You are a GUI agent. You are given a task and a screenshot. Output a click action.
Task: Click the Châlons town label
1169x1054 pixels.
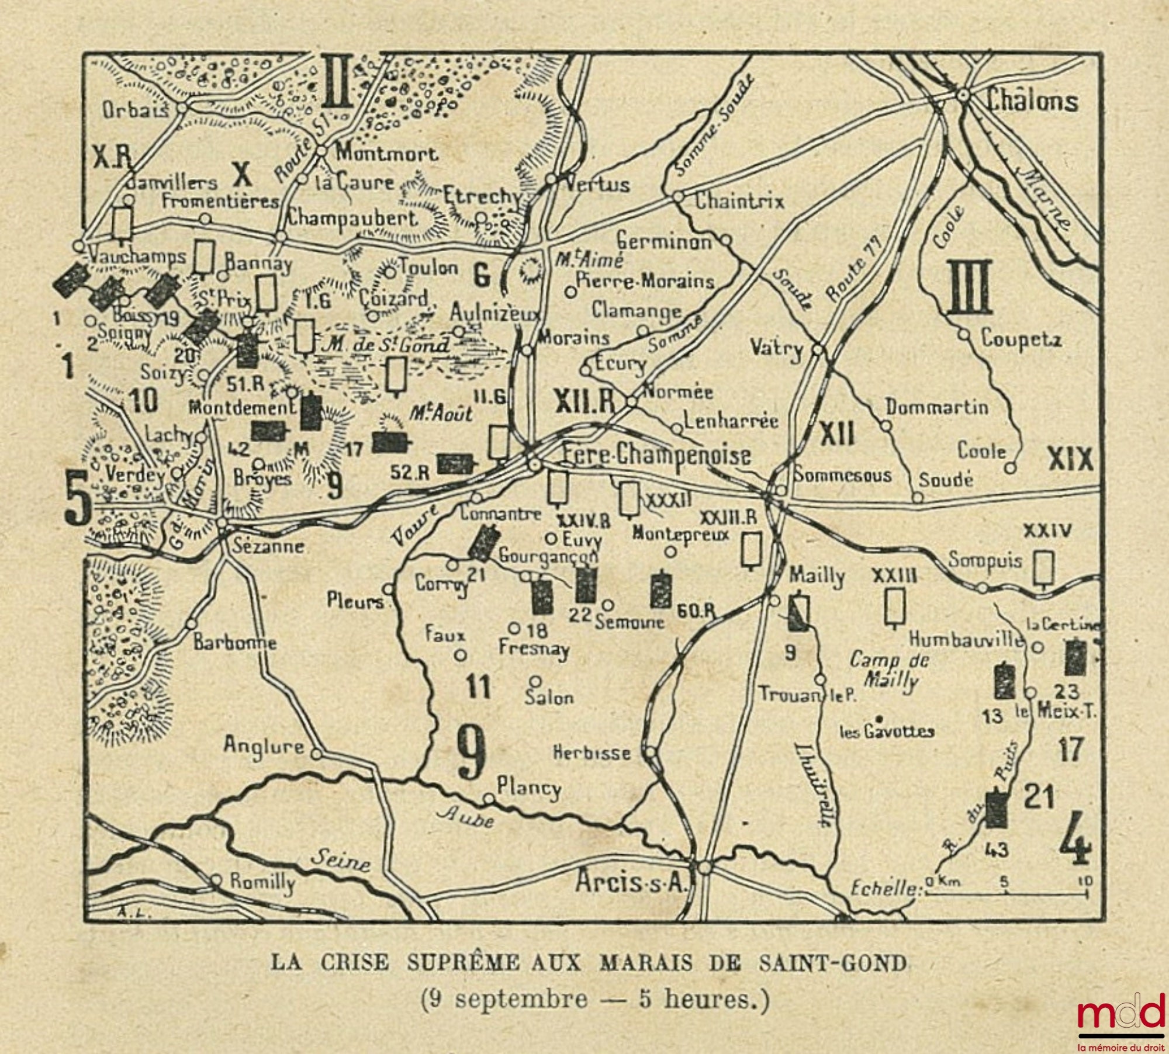1032,101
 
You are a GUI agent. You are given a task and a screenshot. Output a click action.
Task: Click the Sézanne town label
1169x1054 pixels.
268,546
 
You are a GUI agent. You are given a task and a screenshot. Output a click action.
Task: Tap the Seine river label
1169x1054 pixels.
340,860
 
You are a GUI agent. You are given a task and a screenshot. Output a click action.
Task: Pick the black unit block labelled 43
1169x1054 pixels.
997,817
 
